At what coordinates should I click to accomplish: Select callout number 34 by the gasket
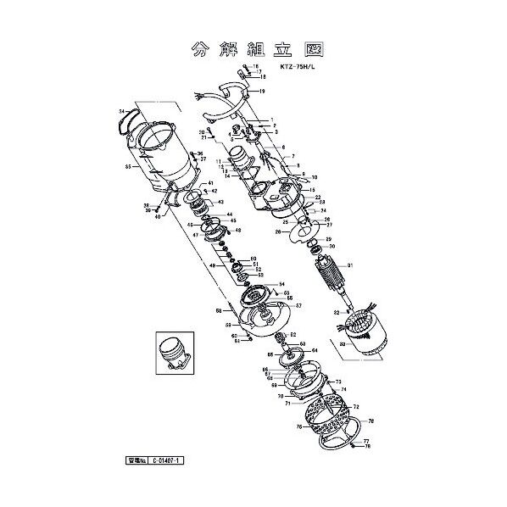(x=122, y=112)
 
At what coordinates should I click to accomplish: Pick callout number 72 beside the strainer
(x=357, y=407)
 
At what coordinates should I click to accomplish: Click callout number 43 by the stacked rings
(x=220, y=203)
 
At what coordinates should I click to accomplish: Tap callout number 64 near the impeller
(x=315, y=349)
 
